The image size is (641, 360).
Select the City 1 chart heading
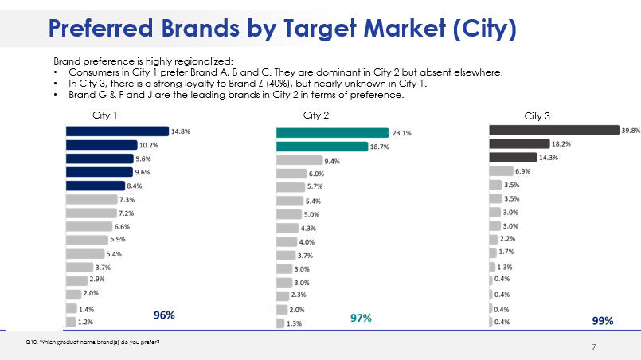pos(105,115)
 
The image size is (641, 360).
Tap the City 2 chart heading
pos(317,115)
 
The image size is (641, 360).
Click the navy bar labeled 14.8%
pos(117,131)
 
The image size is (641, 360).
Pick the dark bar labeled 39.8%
pos(553,130)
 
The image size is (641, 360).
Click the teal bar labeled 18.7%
pos(322,147)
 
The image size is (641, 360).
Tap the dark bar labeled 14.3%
pos(513,157)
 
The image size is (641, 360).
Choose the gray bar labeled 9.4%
pos(299,160)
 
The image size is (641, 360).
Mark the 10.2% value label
pos(149,145)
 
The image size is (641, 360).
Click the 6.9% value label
pos(522,171)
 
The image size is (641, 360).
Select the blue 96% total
pos(164,316)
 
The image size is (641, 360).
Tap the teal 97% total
pos(362,318)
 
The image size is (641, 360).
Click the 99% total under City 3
pos(603,320)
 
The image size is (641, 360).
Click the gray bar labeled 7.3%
pos(91,199)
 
